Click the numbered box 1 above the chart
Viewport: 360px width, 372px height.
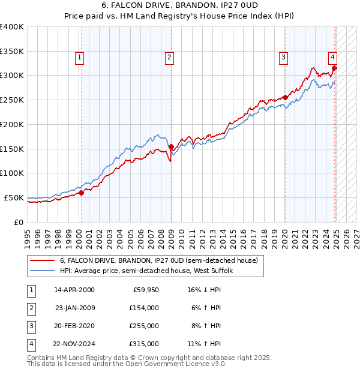click(x=80, y=58)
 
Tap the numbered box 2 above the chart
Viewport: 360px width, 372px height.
click(x=170, y=58)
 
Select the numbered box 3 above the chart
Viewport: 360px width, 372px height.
click(x=283, y=58)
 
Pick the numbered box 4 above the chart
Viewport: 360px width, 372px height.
click(x=332, y=58)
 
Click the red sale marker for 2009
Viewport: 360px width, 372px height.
click(x=171, y=146)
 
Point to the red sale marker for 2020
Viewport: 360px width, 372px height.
click(x=285, y=97)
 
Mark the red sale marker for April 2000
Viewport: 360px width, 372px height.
click(x=81, y=193)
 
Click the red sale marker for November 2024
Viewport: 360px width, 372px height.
click(x=334, y=68)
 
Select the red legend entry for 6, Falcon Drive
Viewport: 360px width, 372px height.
click(x=158, y=261)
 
